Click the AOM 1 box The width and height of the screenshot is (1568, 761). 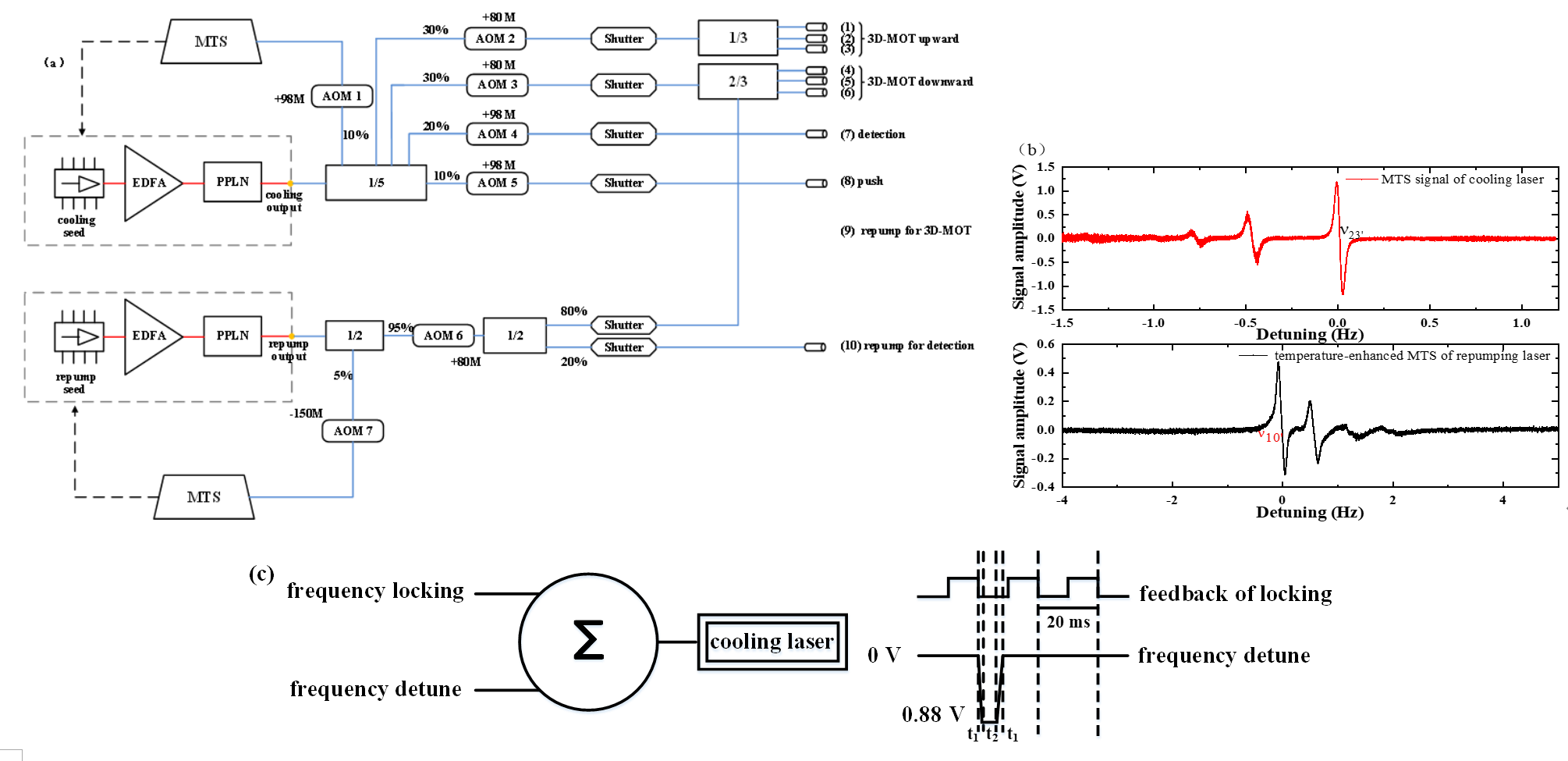(342, 96)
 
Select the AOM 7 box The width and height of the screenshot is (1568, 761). (353, 431)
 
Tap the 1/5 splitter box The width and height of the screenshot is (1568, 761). (376, 183)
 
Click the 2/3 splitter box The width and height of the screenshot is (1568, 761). (737, 82)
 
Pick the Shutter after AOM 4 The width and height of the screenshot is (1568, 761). (623, 134)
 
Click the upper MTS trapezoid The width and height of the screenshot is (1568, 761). (211, 41)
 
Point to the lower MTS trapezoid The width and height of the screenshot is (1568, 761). (204, 497)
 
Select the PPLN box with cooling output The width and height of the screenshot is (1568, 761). (232, 182)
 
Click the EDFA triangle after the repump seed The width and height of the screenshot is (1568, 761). (151, 336)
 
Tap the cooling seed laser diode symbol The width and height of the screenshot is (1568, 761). (79, 184)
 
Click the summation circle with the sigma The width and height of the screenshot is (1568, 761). (588, 642)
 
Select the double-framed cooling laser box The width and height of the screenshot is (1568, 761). (772, 642)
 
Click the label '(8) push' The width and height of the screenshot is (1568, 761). (861, 181)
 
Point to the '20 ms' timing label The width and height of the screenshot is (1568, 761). (1068, 622)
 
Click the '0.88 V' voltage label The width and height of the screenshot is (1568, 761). (932, 714)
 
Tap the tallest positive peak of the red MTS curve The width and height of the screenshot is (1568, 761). (1336, 184)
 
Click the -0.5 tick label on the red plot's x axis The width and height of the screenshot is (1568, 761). (1245, 323)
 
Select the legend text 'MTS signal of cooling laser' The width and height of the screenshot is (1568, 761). (1462, 180)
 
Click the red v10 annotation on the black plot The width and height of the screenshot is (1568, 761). (1269, 436)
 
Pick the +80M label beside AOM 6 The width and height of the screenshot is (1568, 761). (466, 362)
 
